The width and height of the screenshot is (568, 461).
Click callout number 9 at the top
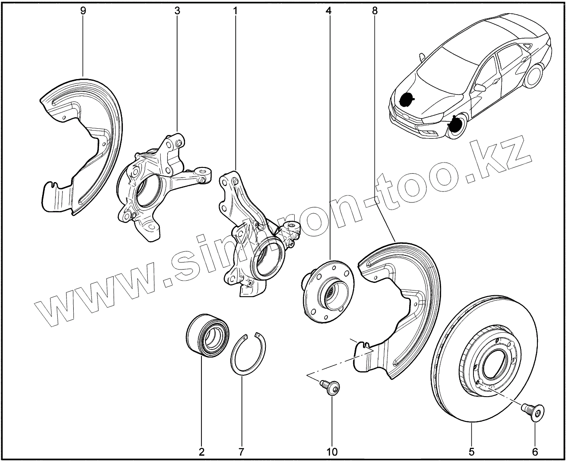tap(83, 11)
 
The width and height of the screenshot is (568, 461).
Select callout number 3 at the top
tap(177, 11)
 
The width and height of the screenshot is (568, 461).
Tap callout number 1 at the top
tap(235, 11)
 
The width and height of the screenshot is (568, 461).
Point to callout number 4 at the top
tap(328, 11)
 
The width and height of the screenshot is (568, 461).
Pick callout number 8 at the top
tap(375, 11)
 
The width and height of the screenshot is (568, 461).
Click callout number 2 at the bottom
tap(201, 452)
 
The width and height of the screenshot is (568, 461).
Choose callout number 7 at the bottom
tap(241, 452)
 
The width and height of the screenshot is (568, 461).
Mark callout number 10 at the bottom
tap(332, 452)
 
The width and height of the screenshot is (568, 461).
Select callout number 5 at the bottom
tap(471, 452)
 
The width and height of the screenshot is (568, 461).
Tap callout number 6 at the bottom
tap(535, 452)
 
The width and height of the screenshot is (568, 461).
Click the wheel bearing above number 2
tap(208, 335)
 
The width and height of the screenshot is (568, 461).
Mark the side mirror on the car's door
tap(480, 87)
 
